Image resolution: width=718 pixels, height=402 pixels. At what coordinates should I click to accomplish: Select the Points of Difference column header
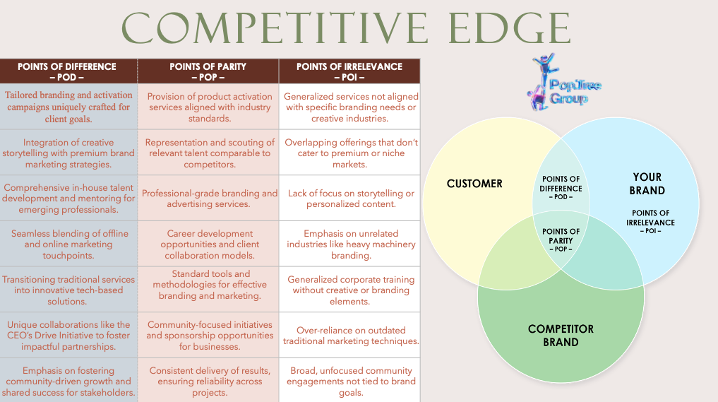(x=67, y=71)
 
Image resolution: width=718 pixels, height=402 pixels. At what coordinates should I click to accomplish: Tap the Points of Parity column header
(x=208, y=71)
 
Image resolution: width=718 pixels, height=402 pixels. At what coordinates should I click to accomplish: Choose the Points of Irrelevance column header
(x=349, y=71)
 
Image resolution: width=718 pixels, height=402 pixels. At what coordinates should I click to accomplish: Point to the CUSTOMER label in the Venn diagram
(x=474, y=184)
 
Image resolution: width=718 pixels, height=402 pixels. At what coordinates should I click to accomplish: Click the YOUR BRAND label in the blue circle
(x=647, y=184)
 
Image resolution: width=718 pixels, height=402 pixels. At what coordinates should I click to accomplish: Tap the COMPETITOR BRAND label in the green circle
(x=561, y=336)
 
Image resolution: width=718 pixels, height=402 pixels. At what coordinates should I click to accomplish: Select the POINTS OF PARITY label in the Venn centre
(x=561, y=240)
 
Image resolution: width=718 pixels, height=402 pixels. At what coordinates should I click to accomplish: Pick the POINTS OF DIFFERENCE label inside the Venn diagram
(x=561, y=187)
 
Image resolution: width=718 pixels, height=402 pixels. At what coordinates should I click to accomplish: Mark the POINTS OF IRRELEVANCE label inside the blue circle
(x=651, y=222)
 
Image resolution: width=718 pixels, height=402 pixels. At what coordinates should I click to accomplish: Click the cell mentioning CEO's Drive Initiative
(x=68, y=336)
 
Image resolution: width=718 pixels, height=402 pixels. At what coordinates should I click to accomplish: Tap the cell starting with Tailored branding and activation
(x=68, y=107)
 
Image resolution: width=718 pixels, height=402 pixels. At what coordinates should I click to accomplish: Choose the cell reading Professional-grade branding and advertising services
(x=210, y=199)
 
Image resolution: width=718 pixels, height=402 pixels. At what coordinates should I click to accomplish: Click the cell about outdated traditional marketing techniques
(x=351, y=336)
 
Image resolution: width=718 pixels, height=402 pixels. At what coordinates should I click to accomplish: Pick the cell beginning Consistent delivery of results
(x=210, y=382)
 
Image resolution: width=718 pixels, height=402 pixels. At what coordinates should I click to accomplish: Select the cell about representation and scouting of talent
(x=210, y=153)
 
